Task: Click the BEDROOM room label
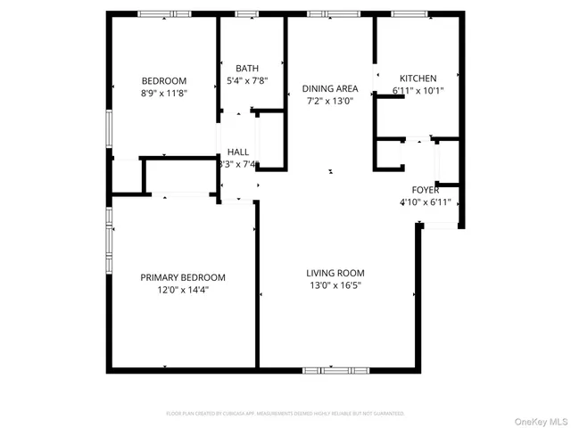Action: (163, 80)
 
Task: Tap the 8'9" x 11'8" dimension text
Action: (163, 92)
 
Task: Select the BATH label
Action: (247, 69)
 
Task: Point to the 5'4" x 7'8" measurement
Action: (247, 80)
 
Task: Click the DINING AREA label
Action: (329, 88)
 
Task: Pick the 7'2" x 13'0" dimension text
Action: (329, 100)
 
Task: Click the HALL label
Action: (238, 152)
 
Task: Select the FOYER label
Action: (425, 190)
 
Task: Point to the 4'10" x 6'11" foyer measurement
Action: (425, 202)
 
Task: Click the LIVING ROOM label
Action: (335, 273)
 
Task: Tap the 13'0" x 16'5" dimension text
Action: (335, 285)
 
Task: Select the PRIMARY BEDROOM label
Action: (183, 276)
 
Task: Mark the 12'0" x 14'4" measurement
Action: (183, 289)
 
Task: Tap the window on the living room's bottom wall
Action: (335, 369)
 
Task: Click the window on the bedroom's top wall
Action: (162, 13)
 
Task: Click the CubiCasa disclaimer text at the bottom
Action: (285, 414)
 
